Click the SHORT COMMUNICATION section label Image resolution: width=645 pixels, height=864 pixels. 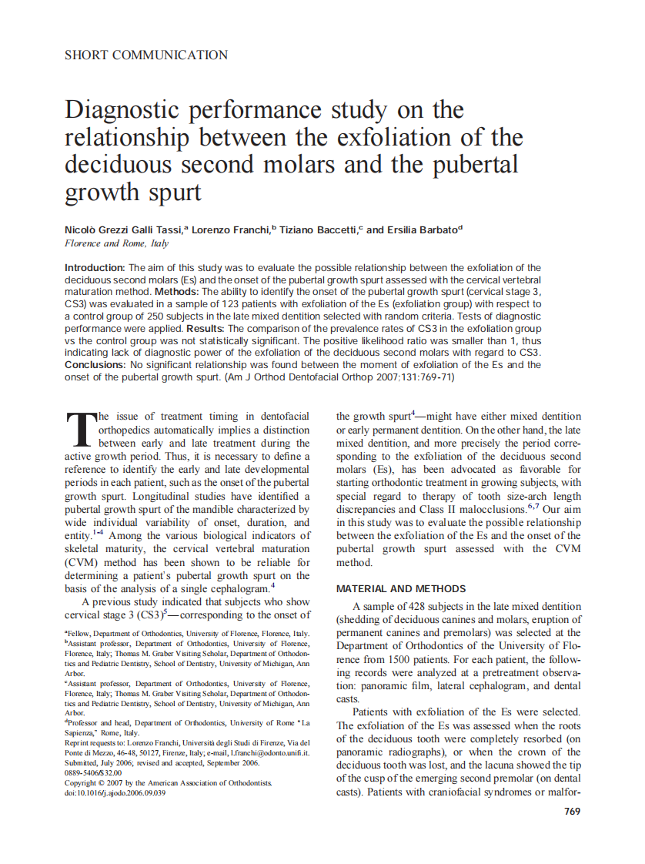[146, 55]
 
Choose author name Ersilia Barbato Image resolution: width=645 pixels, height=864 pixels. [422, 229]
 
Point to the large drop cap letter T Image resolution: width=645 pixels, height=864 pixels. [80, 430]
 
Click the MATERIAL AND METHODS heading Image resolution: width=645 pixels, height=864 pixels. [401, 588]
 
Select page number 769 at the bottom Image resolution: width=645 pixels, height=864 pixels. [572, 811]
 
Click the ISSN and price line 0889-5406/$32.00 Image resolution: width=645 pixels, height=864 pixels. [93, 772]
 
